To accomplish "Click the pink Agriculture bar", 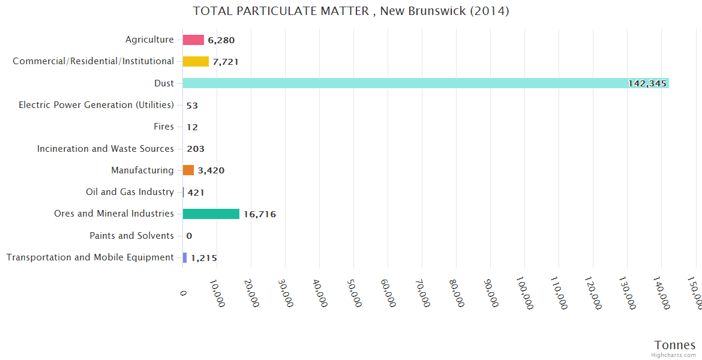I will [193, 40].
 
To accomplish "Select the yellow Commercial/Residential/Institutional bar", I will [196, 61].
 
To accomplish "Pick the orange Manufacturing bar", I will [188, 170].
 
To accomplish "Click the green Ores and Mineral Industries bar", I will [211, 214].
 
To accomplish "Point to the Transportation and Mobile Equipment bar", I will [185, 257].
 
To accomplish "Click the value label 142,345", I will [647, 83].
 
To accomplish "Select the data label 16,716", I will [259, 214].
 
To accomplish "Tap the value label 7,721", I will [226, 62].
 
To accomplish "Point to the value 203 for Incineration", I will [196, 149].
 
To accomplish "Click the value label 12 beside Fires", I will [192, 127].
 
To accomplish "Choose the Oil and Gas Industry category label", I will [130, 192].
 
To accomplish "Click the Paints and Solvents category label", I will [131, 236].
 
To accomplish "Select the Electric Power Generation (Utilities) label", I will [96, 105].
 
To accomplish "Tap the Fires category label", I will [164, 127].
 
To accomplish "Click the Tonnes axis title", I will [674, 345].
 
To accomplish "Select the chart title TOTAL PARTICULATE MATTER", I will [351, 11].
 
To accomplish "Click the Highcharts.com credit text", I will [674, 355].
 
